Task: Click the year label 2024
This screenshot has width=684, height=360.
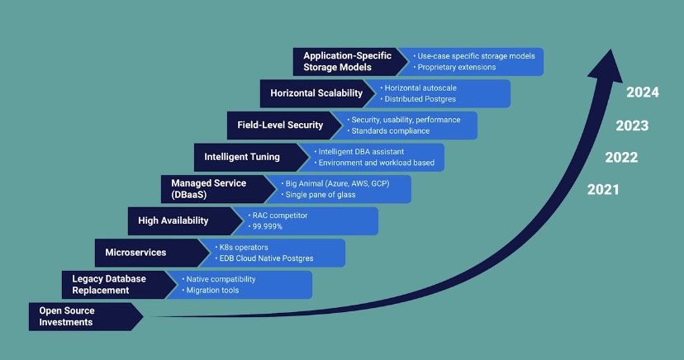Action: (642, 92)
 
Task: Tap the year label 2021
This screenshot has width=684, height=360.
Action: (603, 190)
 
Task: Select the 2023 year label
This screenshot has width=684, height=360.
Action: (631, 126)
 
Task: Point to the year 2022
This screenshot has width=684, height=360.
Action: (620, 158)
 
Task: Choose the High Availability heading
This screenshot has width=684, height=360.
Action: (173, 220)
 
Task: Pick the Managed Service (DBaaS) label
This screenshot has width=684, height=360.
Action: (208, 188)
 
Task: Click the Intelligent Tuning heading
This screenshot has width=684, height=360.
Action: (242, 156)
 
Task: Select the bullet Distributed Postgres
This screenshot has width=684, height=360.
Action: (420, 99)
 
